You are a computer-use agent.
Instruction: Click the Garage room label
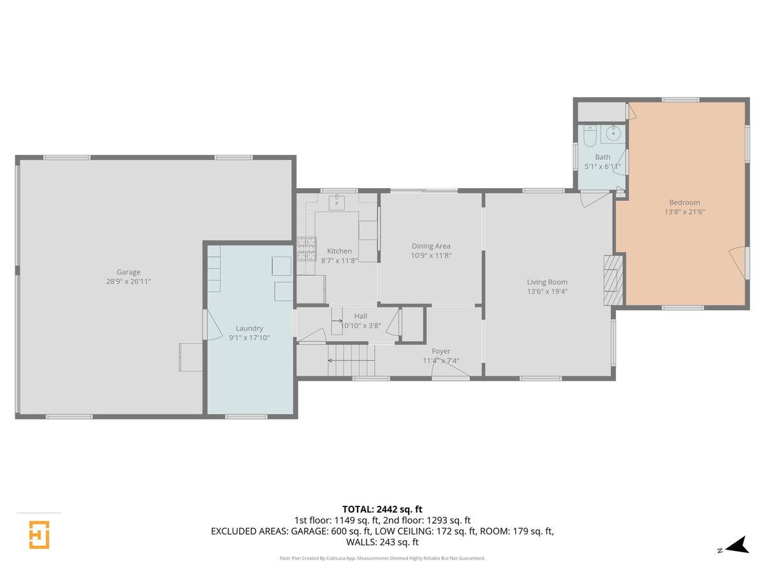coord(128,272)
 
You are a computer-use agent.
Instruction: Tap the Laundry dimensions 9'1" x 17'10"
coord(249,337)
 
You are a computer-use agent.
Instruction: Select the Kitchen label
coord(339,251)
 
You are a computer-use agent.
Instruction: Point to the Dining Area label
coord(431,246)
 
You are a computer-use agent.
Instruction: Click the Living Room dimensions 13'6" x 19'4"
coord(547,291)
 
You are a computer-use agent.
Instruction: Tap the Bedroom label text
coord(684,202)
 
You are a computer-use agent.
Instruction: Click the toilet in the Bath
coord(590,136)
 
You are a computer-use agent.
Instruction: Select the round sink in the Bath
coord(613,133)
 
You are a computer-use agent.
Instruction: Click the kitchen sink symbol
coord(337,202)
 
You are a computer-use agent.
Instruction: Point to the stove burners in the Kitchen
coord(307,249)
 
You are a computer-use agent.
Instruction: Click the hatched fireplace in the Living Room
coord(613,280)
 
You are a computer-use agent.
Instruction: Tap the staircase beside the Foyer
coord(351,360)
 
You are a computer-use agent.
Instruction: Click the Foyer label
coord(441,351)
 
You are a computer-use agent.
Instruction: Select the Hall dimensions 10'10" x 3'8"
coord(360,325)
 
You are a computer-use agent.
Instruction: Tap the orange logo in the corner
coord(39,534)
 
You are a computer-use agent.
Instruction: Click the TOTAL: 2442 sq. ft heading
coord(382,509)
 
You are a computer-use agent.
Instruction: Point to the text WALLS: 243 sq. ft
coord(382,542)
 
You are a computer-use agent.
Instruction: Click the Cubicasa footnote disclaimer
coord(382,558)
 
